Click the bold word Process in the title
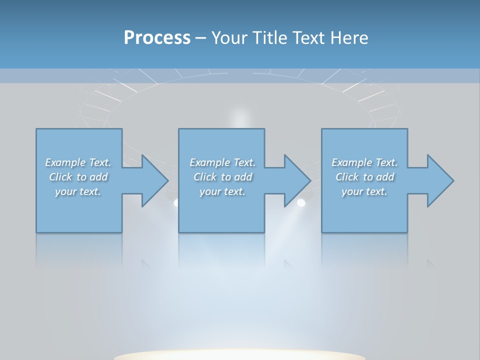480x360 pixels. (x=157, y=38)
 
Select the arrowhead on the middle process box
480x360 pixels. (x=296, y=180)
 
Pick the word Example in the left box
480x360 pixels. (x=65, y=162)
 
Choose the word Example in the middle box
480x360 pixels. (x=209, y=162)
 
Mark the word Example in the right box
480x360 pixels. (x=351, y=162)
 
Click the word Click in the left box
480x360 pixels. (x=60, y=177)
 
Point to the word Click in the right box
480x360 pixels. (x=347, y=177)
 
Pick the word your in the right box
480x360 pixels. (x=352, y=191)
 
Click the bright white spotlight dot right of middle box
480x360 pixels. (x=301, y=202)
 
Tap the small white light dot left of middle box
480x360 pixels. (x=175, y=202)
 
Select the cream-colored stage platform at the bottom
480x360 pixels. (x=240, y=355)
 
